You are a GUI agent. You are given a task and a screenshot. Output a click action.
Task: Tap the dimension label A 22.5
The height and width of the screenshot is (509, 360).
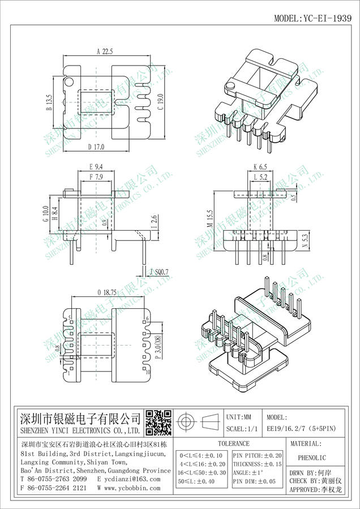point(105,51)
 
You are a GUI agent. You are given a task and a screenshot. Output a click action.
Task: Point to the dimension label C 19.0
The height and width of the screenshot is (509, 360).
point(160,102)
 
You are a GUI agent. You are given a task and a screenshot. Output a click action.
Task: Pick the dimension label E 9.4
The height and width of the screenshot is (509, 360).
point(96,167)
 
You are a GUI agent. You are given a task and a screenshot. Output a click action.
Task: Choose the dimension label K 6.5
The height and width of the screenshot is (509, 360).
point(260,167)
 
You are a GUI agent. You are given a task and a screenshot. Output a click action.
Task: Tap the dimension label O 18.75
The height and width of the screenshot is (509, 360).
point(106,292)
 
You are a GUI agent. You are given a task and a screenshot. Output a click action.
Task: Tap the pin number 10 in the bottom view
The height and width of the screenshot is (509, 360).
point(148,373)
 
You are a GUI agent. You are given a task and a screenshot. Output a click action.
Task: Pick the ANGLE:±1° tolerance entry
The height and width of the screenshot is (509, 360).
point(250,472)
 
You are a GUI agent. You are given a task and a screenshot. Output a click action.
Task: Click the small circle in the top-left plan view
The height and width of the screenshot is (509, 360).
point(69,83)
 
